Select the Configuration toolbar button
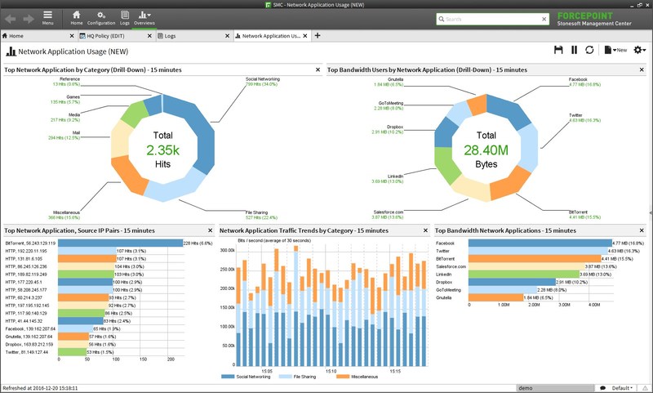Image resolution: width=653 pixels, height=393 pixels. coord(101,18)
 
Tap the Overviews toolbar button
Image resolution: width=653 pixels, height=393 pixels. coord(144,18)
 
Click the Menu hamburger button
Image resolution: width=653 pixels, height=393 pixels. coord(48,18)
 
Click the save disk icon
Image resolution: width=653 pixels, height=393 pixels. coord(558,51)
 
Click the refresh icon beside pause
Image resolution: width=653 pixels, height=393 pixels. coord(589,51)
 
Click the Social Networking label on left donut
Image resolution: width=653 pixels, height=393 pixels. coord(262,79)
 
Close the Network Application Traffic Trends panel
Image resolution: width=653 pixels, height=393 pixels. coord(425,231)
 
